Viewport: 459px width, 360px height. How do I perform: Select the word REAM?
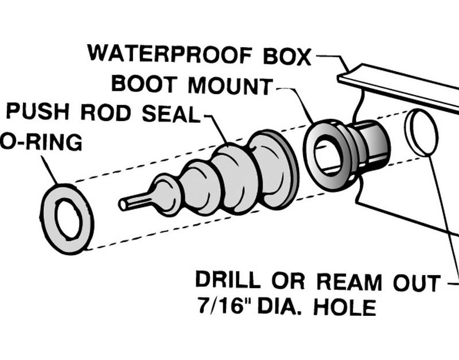tap(349, 282)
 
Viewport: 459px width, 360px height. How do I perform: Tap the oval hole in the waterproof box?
tap(422, 133)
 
